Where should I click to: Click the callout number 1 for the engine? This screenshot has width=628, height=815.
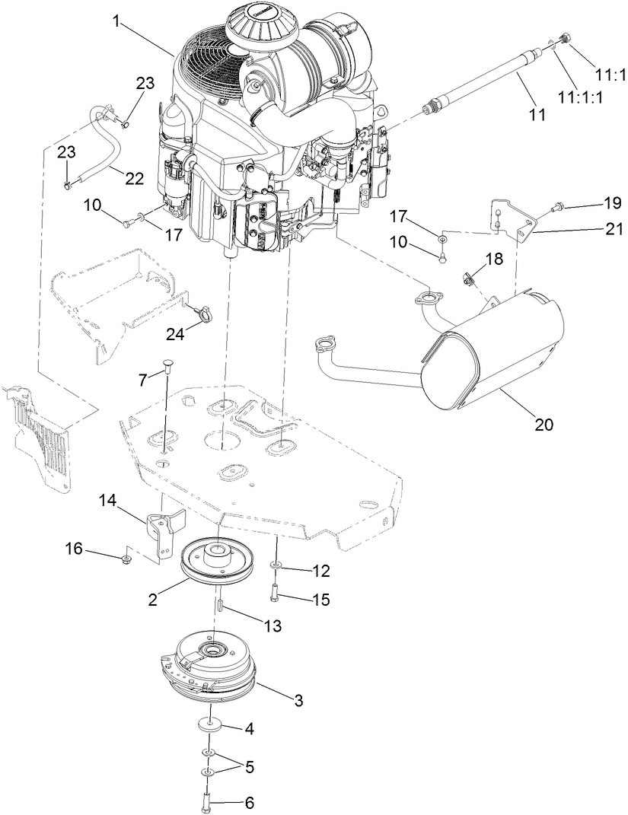click(x=116, y=21)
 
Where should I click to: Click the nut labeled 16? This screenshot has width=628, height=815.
click(x=127, y=561)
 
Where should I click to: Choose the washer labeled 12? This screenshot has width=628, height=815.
click(x=277, y=567)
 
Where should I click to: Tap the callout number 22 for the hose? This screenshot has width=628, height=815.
click(x=134, y=179)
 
